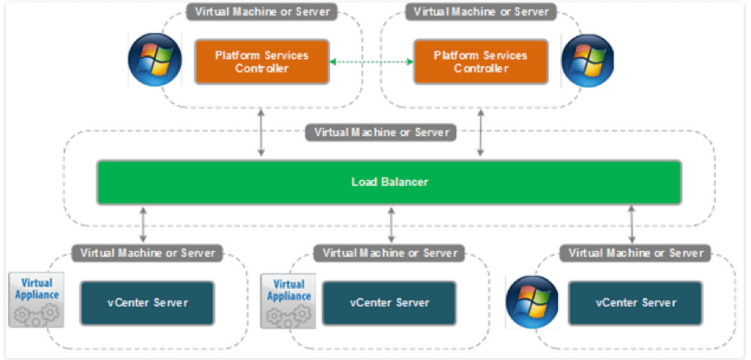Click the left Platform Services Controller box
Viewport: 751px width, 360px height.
262,62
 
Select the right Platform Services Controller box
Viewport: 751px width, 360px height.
481,62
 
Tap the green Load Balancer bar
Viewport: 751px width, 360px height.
389,182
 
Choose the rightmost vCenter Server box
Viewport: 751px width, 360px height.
635,302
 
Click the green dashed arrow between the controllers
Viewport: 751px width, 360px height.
371,61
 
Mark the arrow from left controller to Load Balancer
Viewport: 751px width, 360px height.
262,132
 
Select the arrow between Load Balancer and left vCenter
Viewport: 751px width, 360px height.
144,224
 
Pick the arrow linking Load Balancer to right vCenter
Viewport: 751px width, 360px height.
632,224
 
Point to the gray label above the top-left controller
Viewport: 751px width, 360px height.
261,12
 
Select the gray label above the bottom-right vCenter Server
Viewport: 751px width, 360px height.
635,252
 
